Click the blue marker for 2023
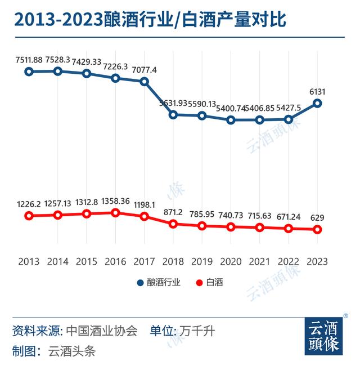click(x=317, y=103)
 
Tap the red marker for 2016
click(x=115, y=213)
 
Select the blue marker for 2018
click(x=173, y=115)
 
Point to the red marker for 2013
click(x=29, y=216)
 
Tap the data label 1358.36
click(x=115, y=200)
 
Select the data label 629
click(x=317, y=218)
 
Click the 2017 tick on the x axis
click(x=144, y=261)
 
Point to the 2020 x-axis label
click(x=231, y=261)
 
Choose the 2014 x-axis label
click(x=57, y=261)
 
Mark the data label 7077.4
click(x=144, y=70)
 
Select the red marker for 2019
click(x=202, y=226)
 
